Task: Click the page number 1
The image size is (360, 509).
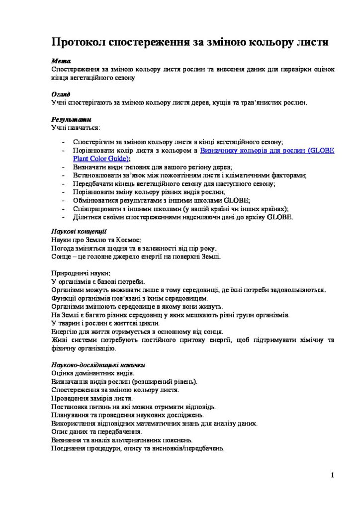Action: pyautogui.click(x=332, y=475)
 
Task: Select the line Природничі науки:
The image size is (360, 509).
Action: pyautogui.click(x=81, y=273)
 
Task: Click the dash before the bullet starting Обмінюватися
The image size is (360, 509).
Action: pyautogui.click(x=63, y=200)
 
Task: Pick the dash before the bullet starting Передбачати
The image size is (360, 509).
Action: pyautogui.click(x=63, y=183)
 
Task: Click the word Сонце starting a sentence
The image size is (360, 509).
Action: pyautogui.click(x=61, y=256)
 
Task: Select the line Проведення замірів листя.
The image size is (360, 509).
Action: pyautogui.click(x=92, y=399)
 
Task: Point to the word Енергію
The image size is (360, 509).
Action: pyautogui.click(x=65, y=332)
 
